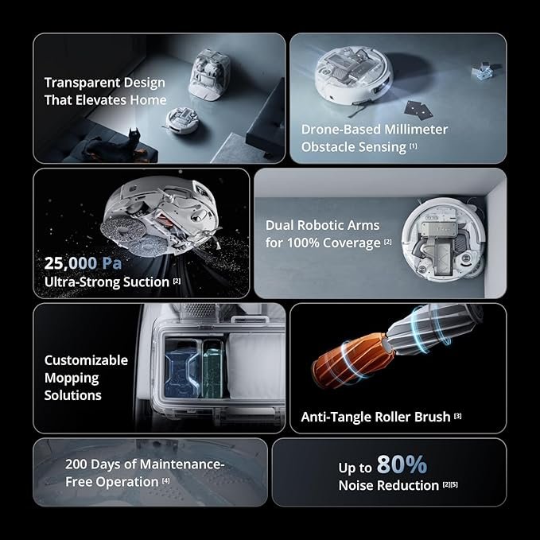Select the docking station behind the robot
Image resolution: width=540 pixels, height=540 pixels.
coord(209,75)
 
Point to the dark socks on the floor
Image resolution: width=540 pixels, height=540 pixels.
coord(418,110)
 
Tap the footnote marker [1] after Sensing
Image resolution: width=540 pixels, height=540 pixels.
coord(414,146)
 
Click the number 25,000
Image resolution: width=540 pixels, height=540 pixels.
coord(71,263)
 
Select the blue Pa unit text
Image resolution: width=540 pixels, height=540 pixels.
coord(112,263)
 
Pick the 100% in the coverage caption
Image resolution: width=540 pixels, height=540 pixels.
coord(303,243)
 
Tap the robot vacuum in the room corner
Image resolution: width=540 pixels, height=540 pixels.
coord(444,240)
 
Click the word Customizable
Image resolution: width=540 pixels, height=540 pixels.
coord(86,360)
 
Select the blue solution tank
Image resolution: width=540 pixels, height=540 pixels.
coord(181,369)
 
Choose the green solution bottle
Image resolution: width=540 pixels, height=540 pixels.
coord(212,369)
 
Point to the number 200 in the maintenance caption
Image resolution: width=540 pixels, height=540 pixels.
coord(76,464)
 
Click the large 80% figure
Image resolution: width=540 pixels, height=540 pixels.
coord(402,464)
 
